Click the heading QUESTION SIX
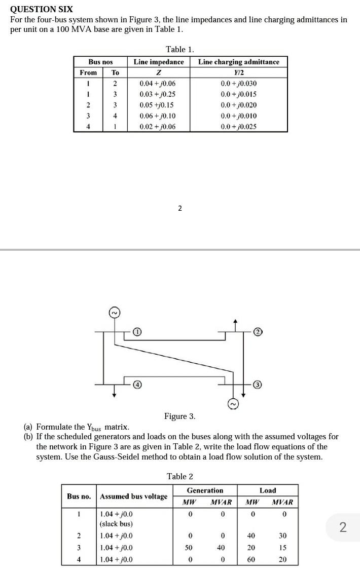click(42, 9)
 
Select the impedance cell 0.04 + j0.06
click(158, 84)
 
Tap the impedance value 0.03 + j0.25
click(158, 94)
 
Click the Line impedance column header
click(159, 62)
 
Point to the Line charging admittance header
click(238, 62)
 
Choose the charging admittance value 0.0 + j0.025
click(238, 127)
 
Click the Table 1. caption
click(180, 49)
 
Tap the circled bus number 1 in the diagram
click(137, 332)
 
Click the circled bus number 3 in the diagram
click(257, 385)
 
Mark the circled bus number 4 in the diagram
click(137, 385)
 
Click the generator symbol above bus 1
click(115, 313)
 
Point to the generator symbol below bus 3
click(233, 404)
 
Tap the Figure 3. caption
click(179, 416)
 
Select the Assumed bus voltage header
click(133, 496)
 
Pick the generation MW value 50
click(189, 548)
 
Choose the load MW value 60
click(251, 559)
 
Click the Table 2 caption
click(180, 476)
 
